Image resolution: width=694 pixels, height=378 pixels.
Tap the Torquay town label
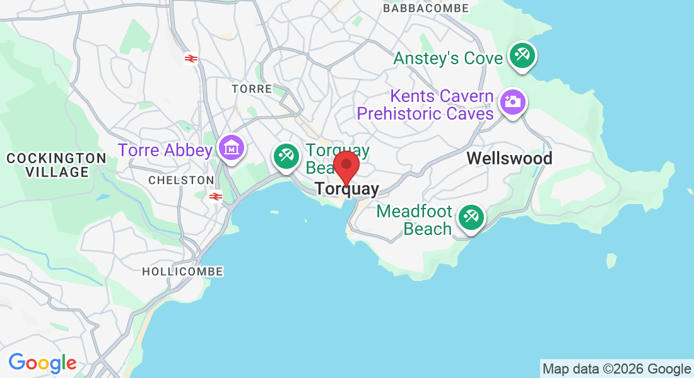click(347, 189)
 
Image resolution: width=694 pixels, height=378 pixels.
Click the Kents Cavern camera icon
click(513, 101)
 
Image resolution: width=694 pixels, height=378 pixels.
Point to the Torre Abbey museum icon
click(232, 148)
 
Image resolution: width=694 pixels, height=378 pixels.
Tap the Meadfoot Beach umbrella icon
click(470, 217)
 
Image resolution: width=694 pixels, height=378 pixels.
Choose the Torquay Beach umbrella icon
click(286, 155)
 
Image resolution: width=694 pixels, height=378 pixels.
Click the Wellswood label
click(509, 158)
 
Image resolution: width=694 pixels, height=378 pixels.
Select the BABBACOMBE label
click(426, 8)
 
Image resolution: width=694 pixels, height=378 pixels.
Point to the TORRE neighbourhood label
click(251, 89)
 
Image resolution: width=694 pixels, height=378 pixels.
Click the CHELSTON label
click(181, 180)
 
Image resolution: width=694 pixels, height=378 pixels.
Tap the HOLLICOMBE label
click(182, 272)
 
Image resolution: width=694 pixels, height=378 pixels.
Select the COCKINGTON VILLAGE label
click(56, 165)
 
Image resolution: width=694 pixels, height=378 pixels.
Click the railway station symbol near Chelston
click(216, 197)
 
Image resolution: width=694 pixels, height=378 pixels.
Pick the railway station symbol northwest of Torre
click(191, 59)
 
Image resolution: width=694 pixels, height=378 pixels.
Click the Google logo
click(42, 363)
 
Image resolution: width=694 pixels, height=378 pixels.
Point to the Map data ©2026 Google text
click(616, 369)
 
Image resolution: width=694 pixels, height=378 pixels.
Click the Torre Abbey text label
click(165, 150)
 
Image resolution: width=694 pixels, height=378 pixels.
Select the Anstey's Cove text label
click(448, 59)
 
